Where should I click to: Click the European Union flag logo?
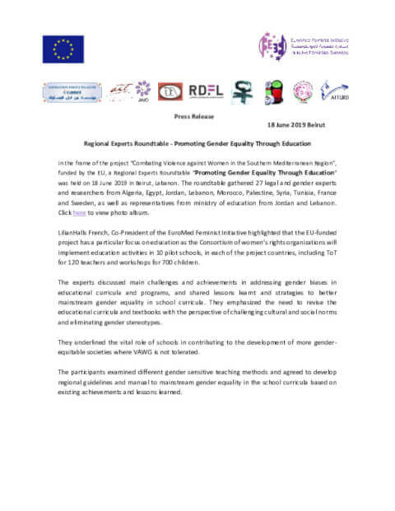pyautogui.click(x=63, y=49)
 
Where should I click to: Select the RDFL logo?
pyautogui.click(x=205, y=91)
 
